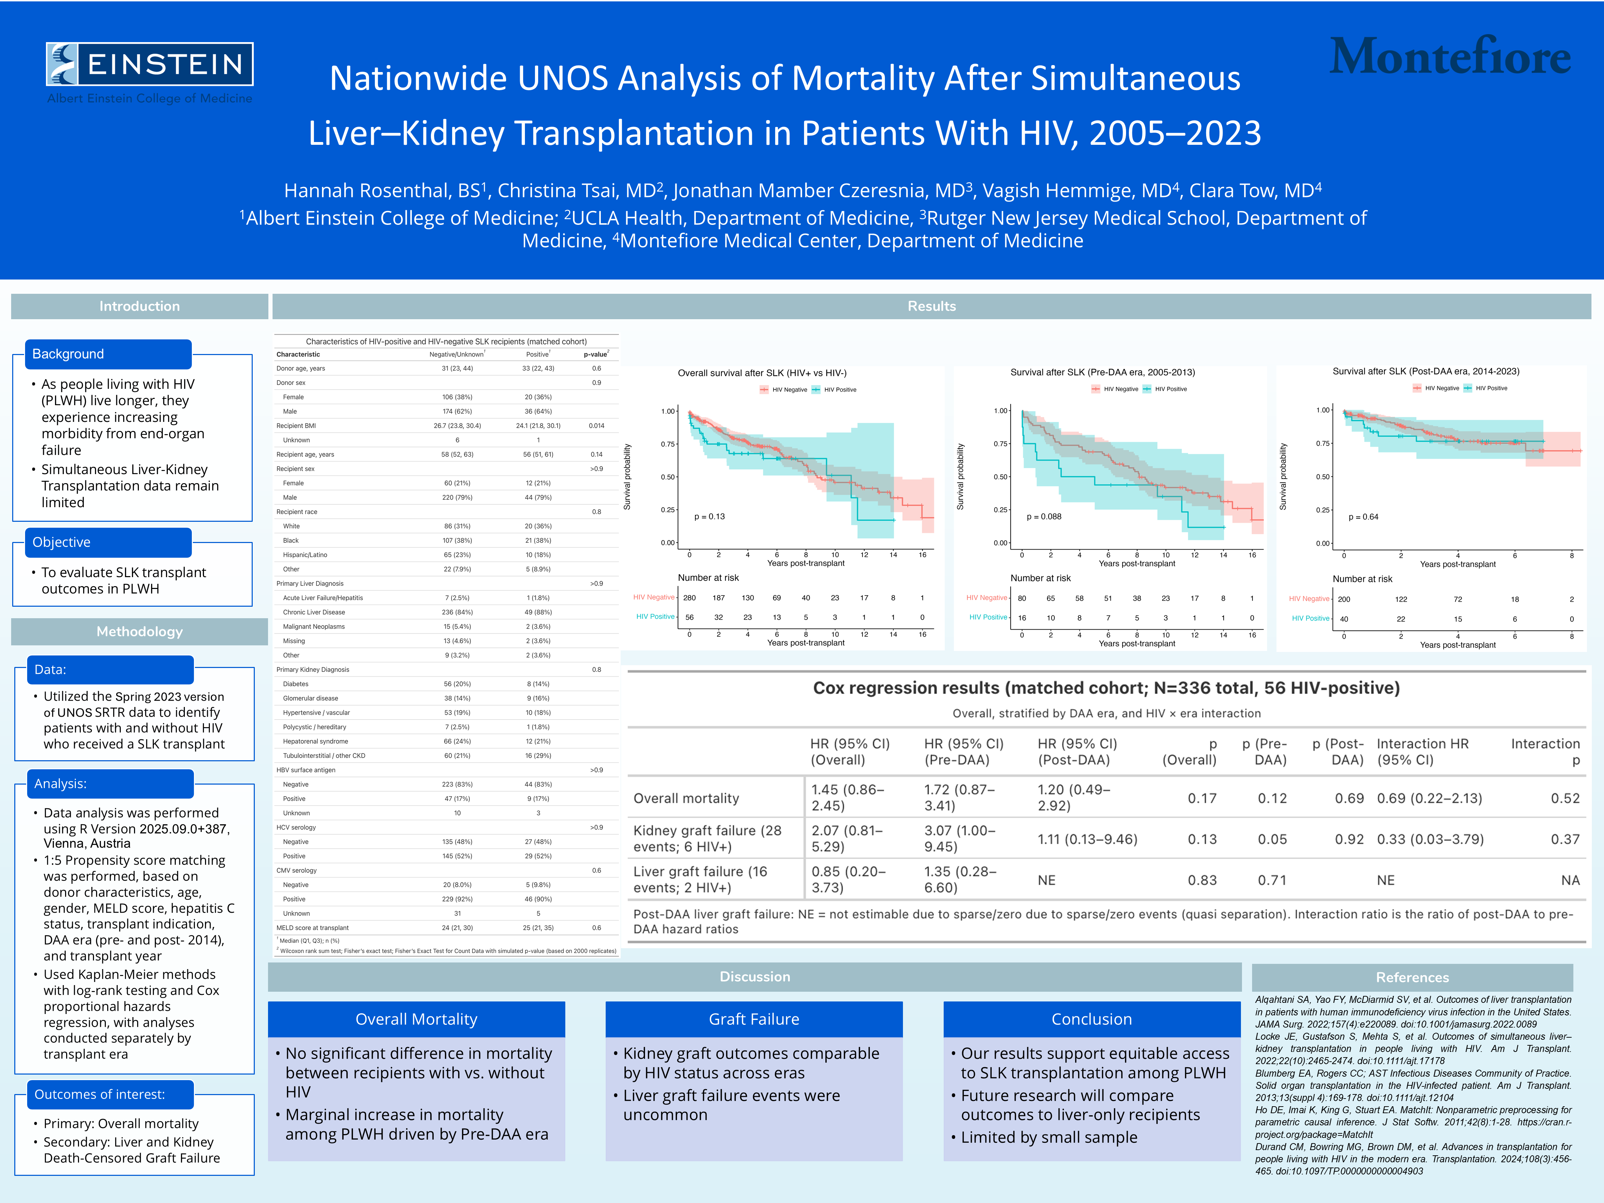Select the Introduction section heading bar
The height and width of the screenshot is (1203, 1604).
[x=139, y=306]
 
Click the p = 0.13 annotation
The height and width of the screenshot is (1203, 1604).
[x=709, y=516]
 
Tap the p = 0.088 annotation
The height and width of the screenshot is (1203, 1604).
[x=1044, y=516]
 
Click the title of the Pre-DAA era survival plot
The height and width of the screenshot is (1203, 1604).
[x=1102, y=372]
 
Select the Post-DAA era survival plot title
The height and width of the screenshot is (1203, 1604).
[x=1426, y=371]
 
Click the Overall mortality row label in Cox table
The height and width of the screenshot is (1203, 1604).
[x=686, y=799]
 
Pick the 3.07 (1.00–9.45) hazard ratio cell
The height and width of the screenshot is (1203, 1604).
[x=959, y=839]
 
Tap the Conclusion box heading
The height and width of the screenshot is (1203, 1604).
[x=1091, y=1019]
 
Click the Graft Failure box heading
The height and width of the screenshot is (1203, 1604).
[x=753, y=1019]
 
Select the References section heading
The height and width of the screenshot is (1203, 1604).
[x=1412, y=977]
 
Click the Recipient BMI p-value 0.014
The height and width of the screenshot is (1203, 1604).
[x=596, y=426]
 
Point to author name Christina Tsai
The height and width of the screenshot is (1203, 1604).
[x=576, y=191]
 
